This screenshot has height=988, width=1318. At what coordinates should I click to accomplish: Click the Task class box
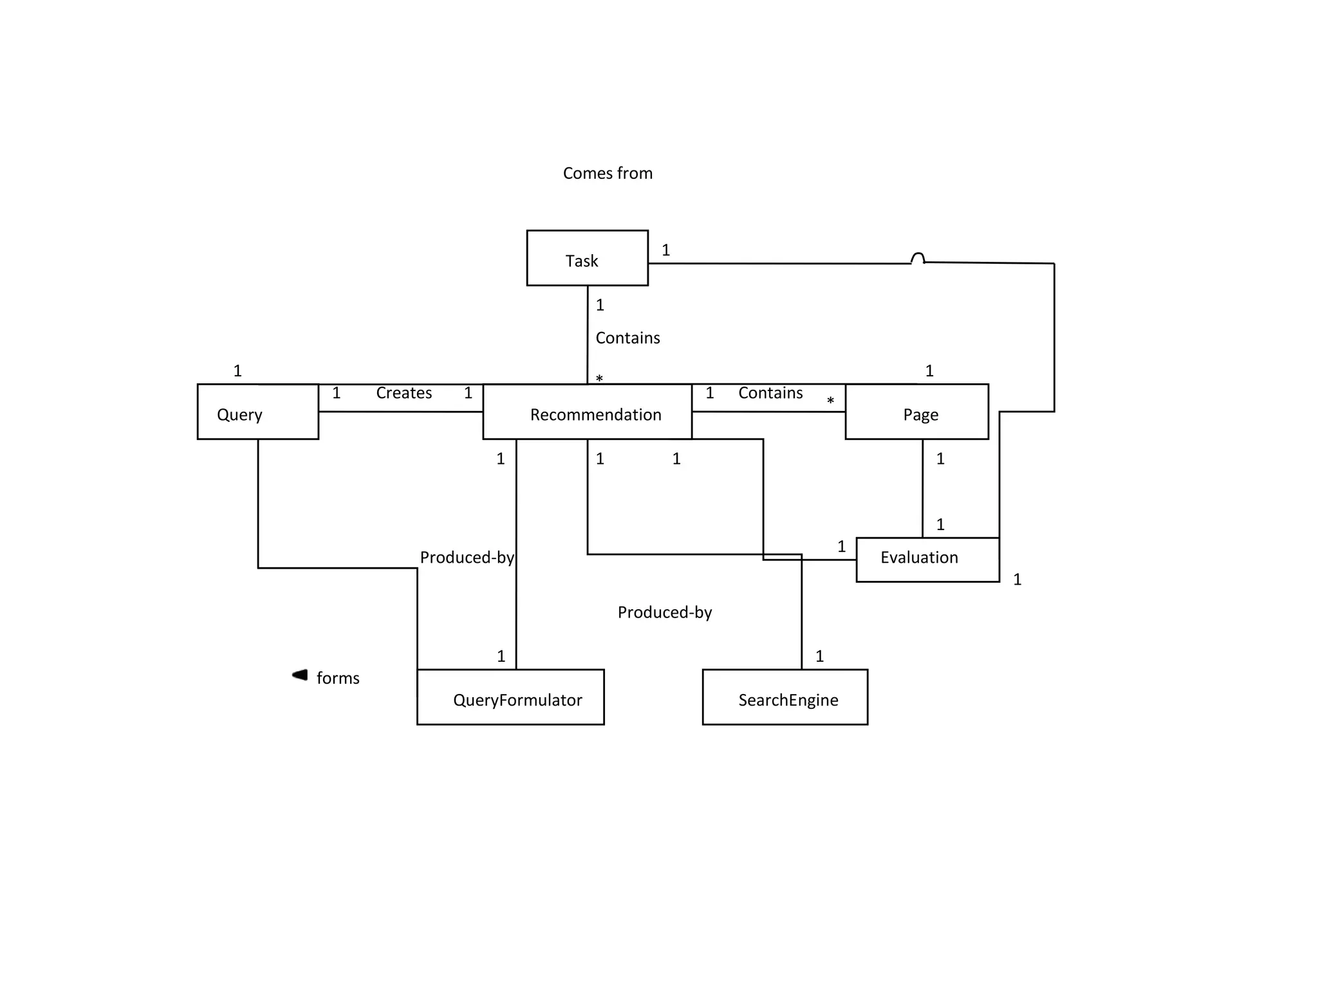tap(587, 258)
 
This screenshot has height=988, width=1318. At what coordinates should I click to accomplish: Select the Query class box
tap(257, 412)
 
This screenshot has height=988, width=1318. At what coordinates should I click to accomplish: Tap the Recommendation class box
tap(587, 412)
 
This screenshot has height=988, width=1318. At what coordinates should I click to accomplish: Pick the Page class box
tap(916, 412)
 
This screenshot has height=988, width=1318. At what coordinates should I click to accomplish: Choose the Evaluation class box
tap(927, 559)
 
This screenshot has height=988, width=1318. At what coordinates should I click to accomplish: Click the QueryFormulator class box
tap(510, 697)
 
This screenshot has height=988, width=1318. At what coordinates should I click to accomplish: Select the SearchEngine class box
tap(784, 697)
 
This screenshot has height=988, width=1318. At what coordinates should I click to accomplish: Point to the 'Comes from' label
tap(608, 173)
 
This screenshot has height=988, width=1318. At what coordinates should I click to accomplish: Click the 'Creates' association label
tap(404, 393)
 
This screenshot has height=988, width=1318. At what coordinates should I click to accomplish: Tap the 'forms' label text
tap(338, 678)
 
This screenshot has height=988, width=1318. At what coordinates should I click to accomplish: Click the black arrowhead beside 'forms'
tap(300, 675)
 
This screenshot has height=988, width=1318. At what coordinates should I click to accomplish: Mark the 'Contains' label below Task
tap(627, 338)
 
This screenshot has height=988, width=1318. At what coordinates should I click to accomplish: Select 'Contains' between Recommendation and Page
tap(770, 393)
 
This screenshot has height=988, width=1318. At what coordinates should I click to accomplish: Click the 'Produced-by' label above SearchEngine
tap(665, 612)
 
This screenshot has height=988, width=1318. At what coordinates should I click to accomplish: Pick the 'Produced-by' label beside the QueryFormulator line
tap(467, 557)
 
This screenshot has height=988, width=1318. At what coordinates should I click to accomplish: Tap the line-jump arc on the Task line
tap(918, 258)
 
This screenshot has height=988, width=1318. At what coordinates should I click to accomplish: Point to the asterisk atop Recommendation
tap(599, 379)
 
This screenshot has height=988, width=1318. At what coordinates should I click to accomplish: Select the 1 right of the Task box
tap(666, 250)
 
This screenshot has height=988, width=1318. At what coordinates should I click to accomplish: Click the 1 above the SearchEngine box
tap(819, 656)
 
